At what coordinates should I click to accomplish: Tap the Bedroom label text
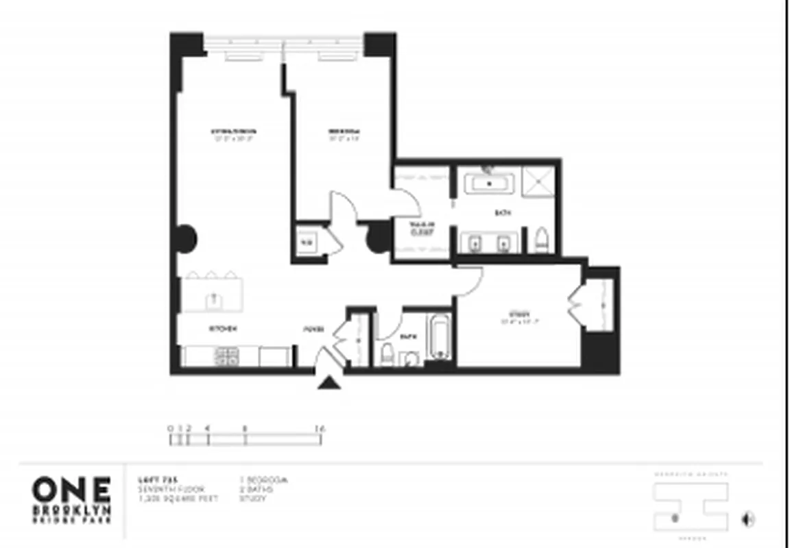pyautogui.click(x=343, y=131)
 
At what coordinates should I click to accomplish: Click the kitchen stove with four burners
pyautogui.click(x=227, y=356)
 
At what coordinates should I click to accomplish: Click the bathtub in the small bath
pyautogui.click(x=438, y=338)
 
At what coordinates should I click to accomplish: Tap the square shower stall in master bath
pyautogui.click(x=538, y=182)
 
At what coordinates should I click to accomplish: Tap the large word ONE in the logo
pyautogui.click(x=71, y=490)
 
